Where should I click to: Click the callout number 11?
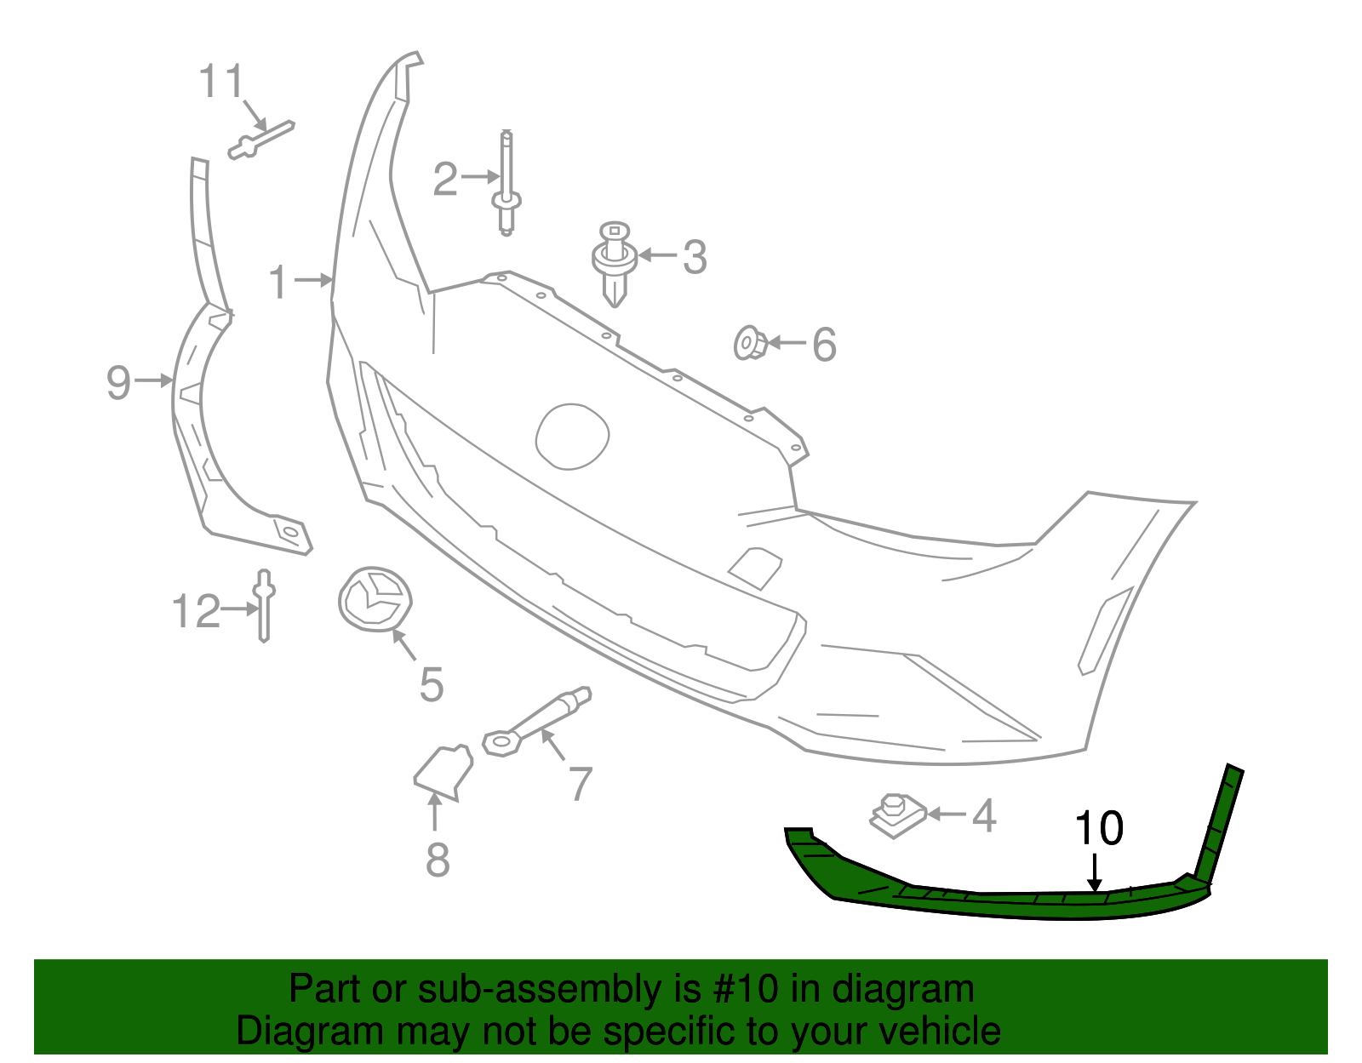coord(220,83)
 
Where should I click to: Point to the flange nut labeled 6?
coord(750,343)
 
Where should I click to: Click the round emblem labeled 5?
coord(375,599)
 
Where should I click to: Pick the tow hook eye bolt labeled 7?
coord(536,720)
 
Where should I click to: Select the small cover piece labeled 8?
coord(444,770)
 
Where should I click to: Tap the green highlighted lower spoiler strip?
coord(979,902)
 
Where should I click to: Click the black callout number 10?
coord(1099,828)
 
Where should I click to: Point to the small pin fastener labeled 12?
coord(264,605)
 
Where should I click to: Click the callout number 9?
coord(119,382)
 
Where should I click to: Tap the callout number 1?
coord(278,282)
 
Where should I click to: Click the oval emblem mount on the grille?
coord(572,436)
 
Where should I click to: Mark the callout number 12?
coord(196,611)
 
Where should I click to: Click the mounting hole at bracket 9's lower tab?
coord(289,532)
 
